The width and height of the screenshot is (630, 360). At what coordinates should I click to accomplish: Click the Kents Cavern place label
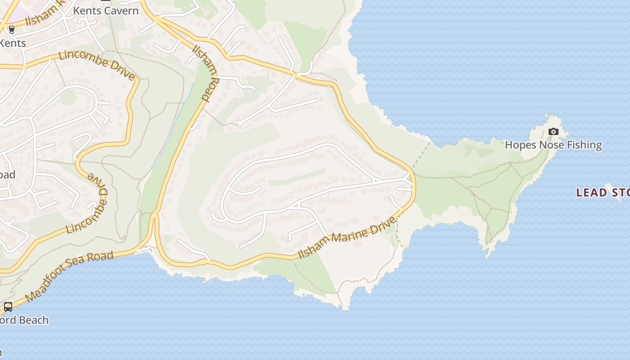[x=106, y=10]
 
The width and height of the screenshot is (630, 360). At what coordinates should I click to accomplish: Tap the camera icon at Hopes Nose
[x=553, y=132]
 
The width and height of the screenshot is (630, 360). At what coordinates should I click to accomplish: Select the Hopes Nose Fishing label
[x=553, y=145]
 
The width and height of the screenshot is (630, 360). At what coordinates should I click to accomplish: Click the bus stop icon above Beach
[x=8, y=307]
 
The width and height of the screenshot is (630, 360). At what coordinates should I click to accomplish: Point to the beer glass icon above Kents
[x=12, y=30]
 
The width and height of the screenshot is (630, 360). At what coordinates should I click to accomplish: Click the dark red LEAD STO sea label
[x=603, y=193]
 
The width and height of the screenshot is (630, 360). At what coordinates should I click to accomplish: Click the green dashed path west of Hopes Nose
[x=421, y=156]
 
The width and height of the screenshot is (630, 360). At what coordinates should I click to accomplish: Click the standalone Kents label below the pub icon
[x=13, y=43]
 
